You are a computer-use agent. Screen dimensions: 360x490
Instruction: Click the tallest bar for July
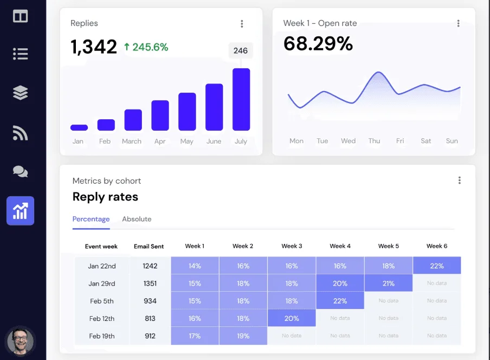pos(241,100)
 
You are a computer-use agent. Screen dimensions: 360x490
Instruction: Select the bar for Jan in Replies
pos(79,128)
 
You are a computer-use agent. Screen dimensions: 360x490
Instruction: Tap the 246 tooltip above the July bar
pos(241,51)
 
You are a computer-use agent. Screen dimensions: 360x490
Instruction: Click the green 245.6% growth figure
pos(146,47)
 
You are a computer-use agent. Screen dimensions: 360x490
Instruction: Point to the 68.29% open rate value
pos(318,44)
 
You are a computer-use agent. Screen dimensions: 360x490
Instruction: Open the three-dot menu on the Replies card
pos(242,24)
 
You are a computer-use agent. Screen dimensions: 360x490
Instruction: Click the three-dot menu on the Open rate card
pos(458,24)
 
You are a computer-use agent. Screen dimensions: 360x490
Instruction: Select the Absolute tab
pos(137,219)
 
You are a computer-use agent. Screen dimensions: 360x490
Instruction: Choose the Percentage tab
pos(91,219)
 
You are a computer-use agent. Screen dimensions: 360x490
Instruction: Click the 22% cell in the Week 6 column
pos(437,266)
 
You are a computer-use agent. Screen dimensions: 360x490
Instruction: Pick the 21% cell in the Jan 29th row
pos(388,284)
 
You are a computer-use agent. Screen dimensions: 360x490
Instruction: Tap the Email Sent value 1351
pos(149,284)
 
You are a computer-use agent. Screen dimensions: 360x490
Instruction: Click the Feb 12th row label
pos(102,318)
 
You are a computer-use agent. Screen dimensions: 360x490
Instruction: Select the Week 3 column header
pos(292,246)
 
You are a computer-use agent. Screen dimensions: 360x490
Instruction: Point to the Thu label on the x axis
pos(374,141)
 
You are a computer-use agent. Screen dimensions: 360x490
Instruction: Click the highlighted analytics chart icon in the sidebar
pos(20,211)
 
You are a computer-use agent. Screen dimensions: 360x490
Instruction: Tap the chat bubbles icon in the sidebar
pos(20,172)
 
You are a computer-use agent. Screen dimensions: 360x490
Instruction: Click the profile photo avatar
pos(20,341)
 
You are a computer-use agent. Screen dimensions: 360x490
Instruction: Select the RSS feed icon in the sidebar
pos(20,133)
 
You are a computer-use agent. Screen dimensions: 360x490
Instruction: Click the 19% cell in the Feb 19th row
pos(243,336)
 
